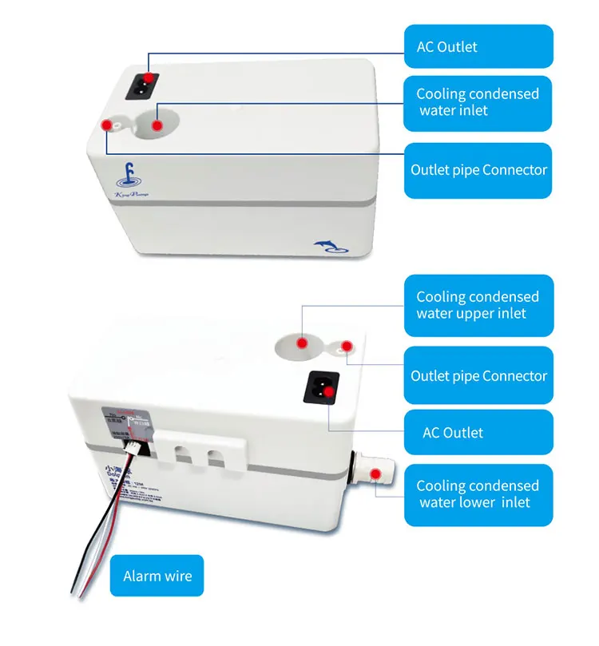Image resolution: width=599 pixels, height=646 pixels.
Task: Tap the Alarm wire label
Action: pos(157,576)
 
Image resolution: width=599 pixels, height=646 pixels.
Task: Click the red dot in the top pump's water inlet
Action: pos(157,125)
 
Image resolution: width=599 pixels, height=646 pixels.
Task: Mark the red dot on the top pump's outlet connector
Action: pos(106,125)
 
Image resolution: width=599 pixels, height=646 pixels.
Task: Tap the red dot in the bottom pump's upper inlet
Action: pos(303,343)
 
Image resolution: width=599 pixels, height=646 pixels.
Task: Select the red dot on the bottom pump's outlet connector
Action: pos(347,346)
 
